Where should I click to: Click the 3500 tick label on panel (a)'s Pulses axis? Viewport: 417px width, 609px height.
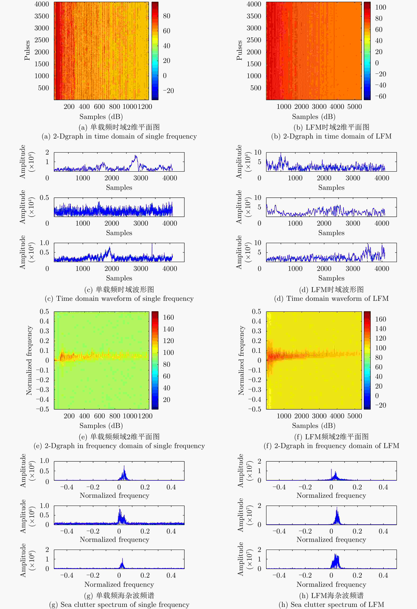42,16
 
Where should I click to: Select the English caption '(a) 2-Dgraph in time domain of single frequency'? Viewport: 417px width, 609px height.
119,136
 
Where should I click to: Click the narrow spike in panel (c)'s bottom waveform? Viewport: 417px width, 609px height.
152,244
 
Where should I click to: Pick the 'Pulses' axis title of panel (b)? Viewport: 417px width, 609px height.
239,50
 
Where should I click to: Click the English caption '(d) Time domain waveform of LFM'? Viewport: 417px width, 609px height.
331,298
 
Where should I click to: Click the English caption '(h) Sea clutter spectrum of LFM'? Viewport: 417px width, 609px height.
331,604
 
